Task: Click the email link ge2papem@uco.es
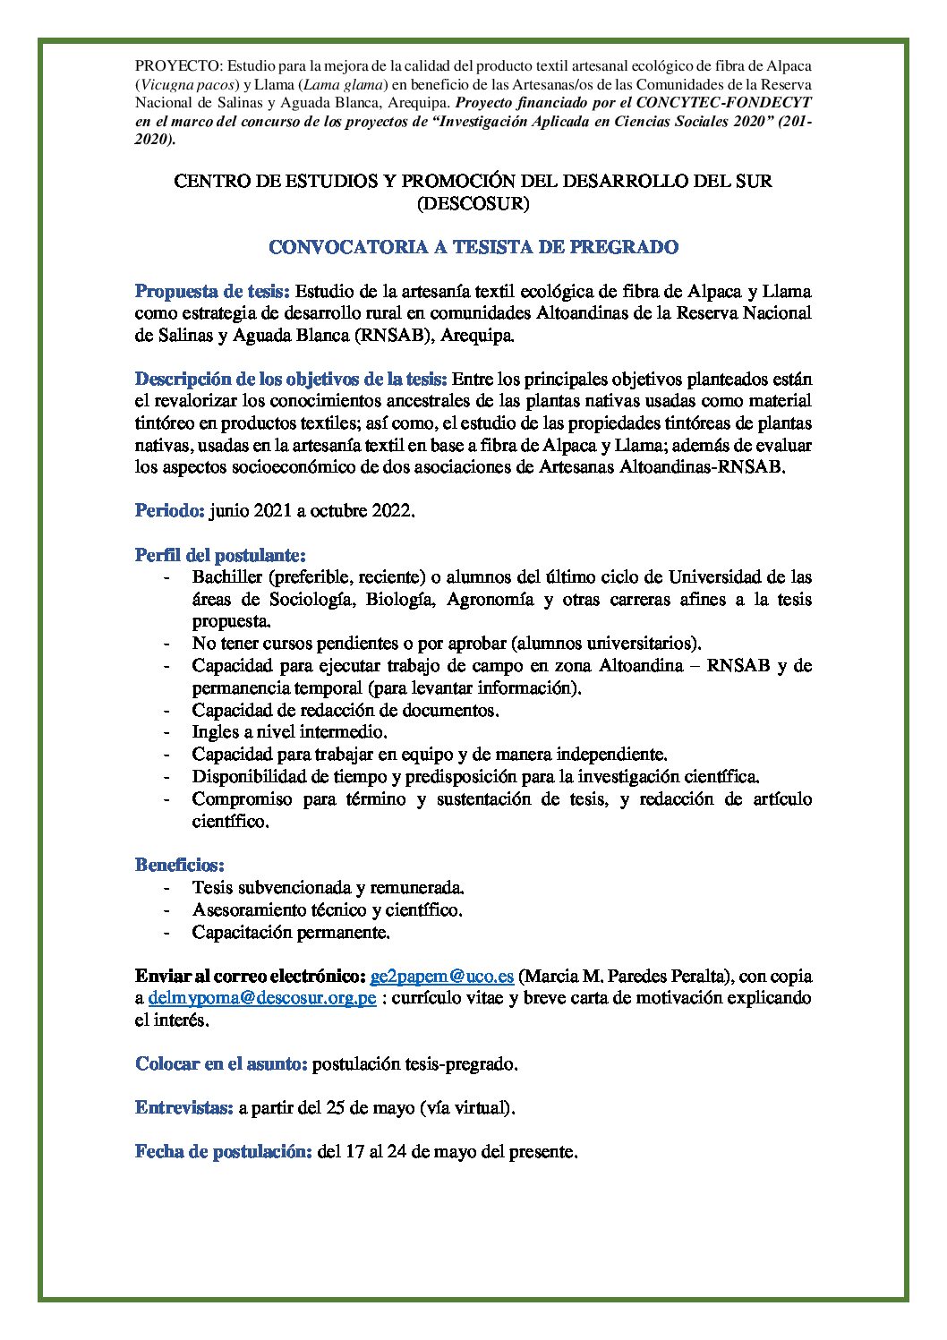pyautogui.click(x=441, y=976)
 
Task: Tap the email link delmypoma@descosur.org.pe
pyautogui.click(x=261, y=997)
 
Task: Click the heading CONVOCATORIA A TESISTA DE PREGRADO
pyautogui.click(x=473, y=247)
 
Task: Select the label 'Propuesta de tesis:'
pyautogui.click(x=211, y=291)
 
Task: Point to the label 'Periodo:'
pyautogui.click(x=170, y=511)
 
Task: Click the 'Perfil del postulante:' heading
pyautogui.click(x=220, y=555)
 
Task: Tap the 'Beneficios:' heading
pyautogui.click(x=179, y=865)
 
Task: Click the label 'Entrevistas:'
pyautogui.click(x=183, y=1107)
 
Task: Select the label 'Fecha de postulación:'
pyautogui.click(x=223, y=1152)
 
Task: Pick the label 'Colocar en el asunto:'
pyautogui.click(x=221, y=1063)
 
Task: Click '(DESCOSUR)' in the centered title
pyautogui.click(x=473, y=203)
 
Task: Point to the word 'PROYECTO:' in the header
pyautogui.click(x=178, y=65)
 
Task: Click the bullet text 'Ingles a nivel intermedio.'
pyautogui.click(x=277, y=731)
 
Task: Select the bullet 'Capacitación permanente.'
pyautogui.click(x=291, y=932)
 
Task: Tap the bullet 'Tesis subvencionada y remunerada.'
pyautogui.click(x=328, y=887)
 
